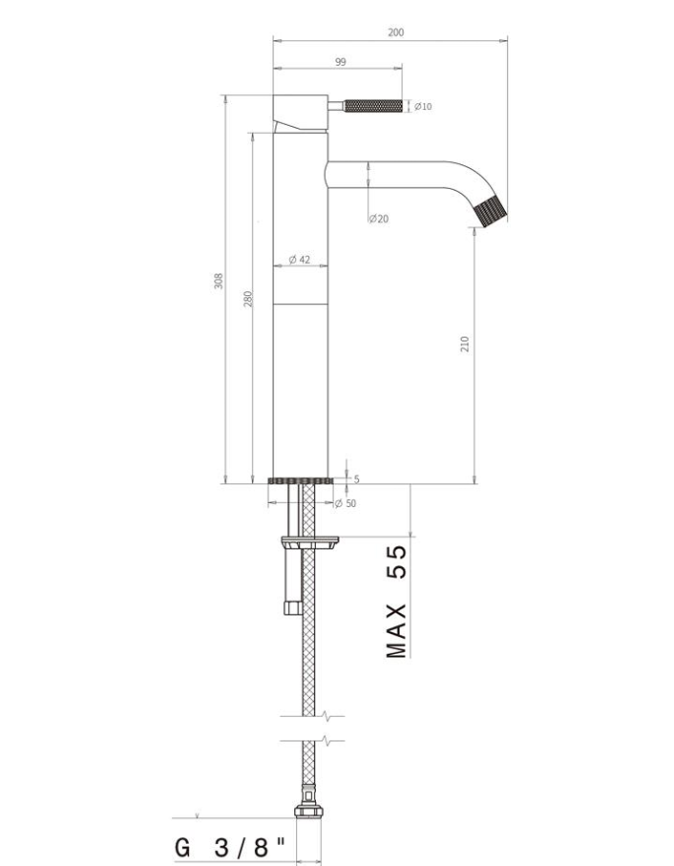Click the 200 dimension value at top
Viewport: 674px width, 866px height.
click(396, 32)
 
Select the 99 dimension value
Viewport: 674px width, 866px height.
click(340, 62)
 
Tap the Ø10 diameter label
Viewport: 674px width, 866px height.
click(423, 106)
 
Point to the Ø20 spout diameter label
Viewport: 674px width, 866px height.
click(379, 219)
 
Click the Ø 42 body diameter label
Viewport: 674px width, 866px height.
click(300, 259)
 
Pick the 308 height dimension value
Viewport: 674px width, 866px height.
click(219, 281)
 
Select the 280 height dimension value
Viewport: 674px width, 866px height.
click(248, 299)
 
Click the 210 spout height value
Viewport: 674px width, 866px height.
click(465, 344)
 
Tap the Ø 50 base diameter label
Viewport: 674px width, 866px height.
click(347, 503)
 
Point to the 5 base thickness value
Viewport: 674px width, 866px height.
click(357, 479)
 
